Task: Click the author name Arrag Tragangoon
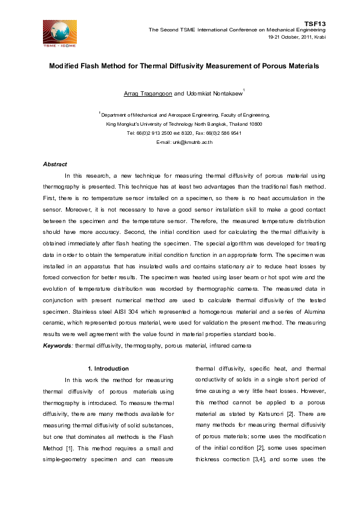[x=148, y=94]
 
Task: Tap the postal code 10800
[x=255, y=123]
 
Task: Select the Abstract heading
[x=54, y=164]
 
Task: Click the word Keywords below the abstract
[x=57, y=345]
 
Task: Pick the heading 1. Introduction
[x=108, y=368]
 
